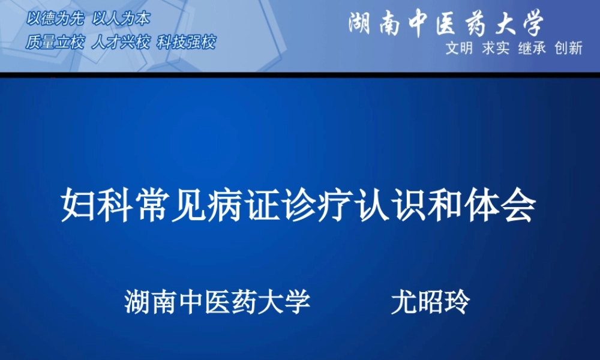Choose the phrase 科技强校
186,43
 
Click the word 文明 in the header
459,49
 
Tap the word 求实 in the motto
496,49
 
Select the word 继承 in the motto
532,49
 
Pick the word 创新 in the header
569,49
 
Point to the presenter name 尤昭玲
430,302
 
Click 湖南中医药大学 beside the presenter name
217,302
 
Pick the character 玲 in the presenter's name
457,302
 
